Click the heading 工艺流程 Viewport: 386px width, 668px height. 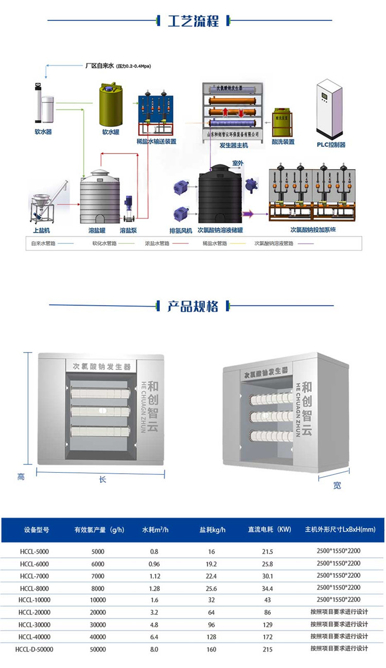[x=193, y=21]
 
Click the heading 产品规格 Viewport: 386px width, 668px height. [x=193, y=306]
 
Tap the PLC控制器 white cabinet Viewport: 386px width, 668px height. [x=330, y=108]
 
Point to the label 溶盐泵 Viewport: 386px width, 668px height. [x=128, y=230]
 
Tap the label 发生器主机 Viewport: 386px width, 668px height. [x=234, y=145]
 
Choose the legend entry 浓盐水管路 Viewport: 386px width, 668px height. [x=157, y=243]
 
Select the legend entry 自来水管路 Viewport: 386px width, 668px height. [x=43, y=243]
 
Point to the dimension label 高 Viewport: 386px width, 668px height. [x=21, y=477]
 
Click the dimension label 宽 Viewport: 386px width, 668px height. [x=337, y=485]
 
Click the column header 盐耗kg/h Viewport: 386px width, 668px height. [x=213, y=529]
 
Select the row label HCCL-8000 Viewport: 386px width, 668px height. [x=35, y=588]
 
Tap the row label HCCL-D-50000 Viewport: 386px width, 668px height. [x=34, y=649]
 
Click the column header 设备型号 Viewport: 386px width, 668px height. [x=37, y=529]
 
